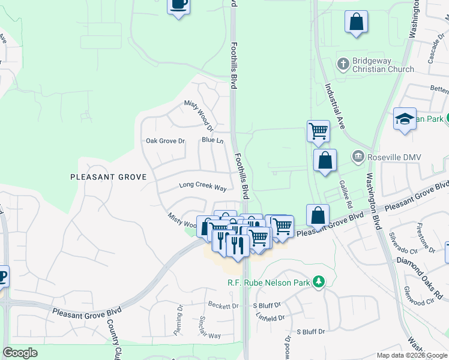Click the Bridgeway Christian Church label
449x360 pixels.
click(x=384, y=65)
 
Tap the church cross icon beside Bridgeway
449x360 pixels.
click(x=343, y=63)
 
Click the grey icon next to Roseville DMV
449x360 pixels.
click(x=358, y=157)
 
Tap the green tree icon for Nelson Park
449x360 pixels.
click(x=319, y=281)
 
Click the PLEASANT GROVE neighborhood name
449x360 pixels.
click(x=109, y=177)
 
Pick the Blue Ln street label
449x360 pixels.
click(x=212, y=140)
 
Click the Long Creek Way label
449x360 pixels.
click(x=203, y=187)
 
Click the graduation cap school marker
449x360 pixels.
click(x=405, y=118)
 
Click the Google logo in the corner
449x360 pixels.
click(x=20, y=353)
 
